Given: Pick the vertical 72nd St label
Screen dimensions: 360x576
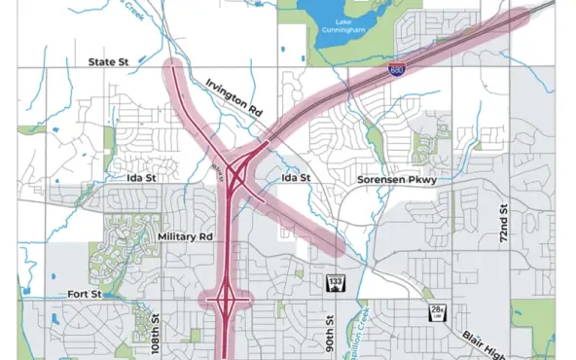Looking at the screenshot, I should pyautogui.click(x=504, y=224).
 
